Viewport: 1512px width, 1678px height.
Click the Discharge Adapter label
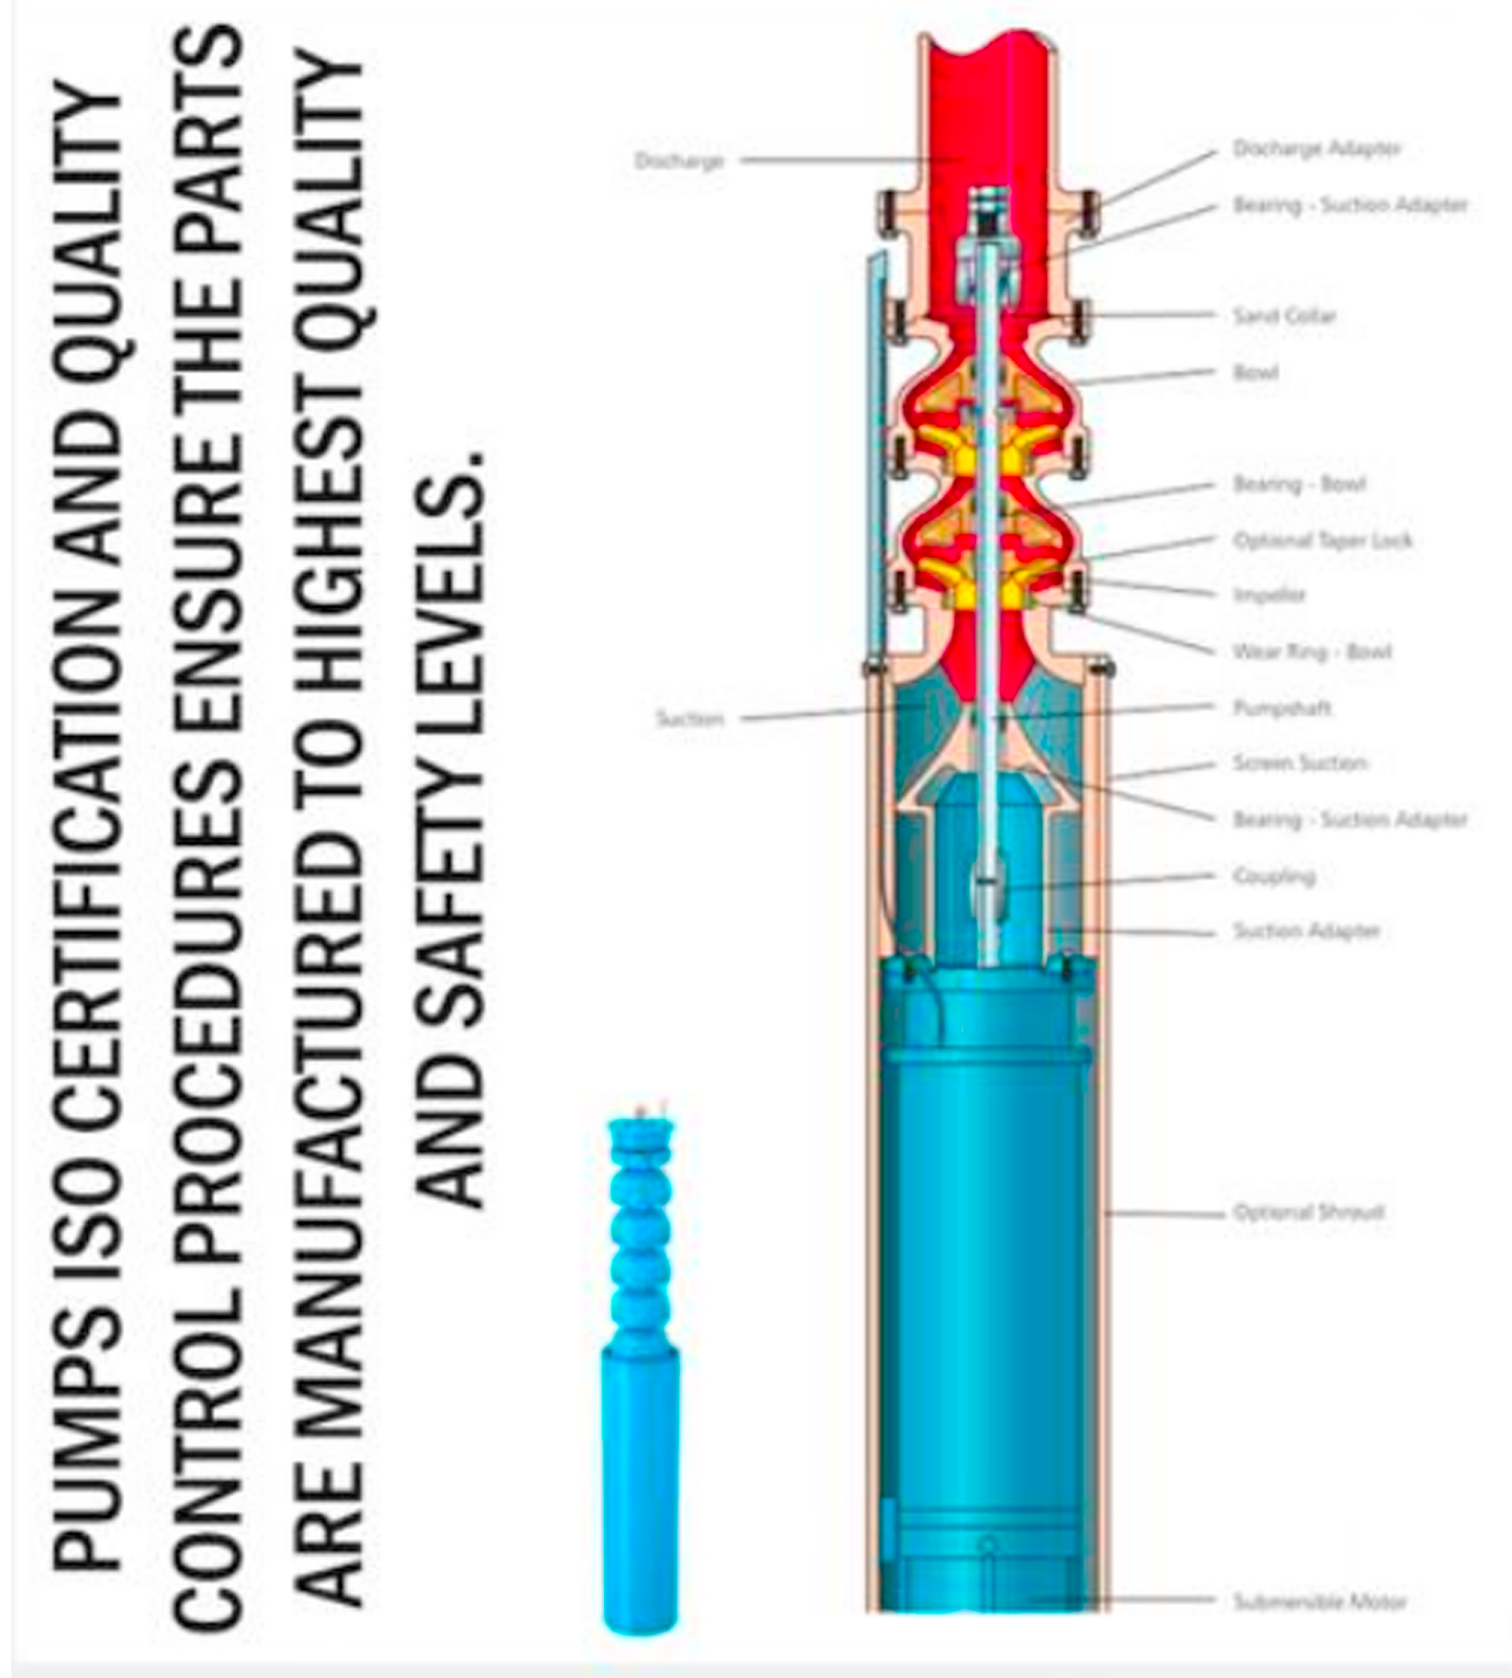[1316, 149]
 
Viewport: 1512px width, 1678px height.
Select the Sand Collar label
[1284, 315]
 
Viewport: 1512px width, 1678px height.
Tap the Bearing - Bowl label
[1299, 484]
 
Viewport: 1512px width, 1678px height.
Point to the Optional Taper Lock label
[1323, 540]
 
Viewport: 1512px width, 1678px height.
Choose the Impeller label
[1270, 595]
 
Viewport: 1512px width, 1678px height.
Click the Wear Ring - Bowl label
[1311, 652]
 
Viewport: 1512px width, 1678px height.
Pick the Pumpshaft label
[1282, 707]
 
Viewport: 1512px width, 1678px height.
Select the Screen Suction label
[1300, 762]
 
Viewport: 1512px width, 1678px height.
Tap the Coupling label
[1274, 875]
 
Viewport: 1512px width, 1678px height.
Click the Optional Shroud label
[1308, 1211]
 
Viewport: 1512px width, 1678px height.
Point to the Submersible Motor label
[1320, 1601]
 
